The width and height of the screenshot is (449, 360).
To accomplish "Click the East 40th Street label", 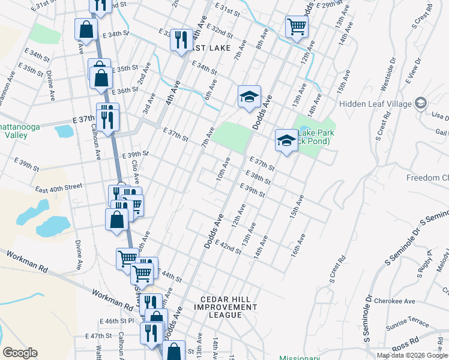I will (x=58, y=187).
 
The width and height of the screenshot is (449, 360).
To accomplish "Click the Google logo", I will (x=20, y=352).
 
